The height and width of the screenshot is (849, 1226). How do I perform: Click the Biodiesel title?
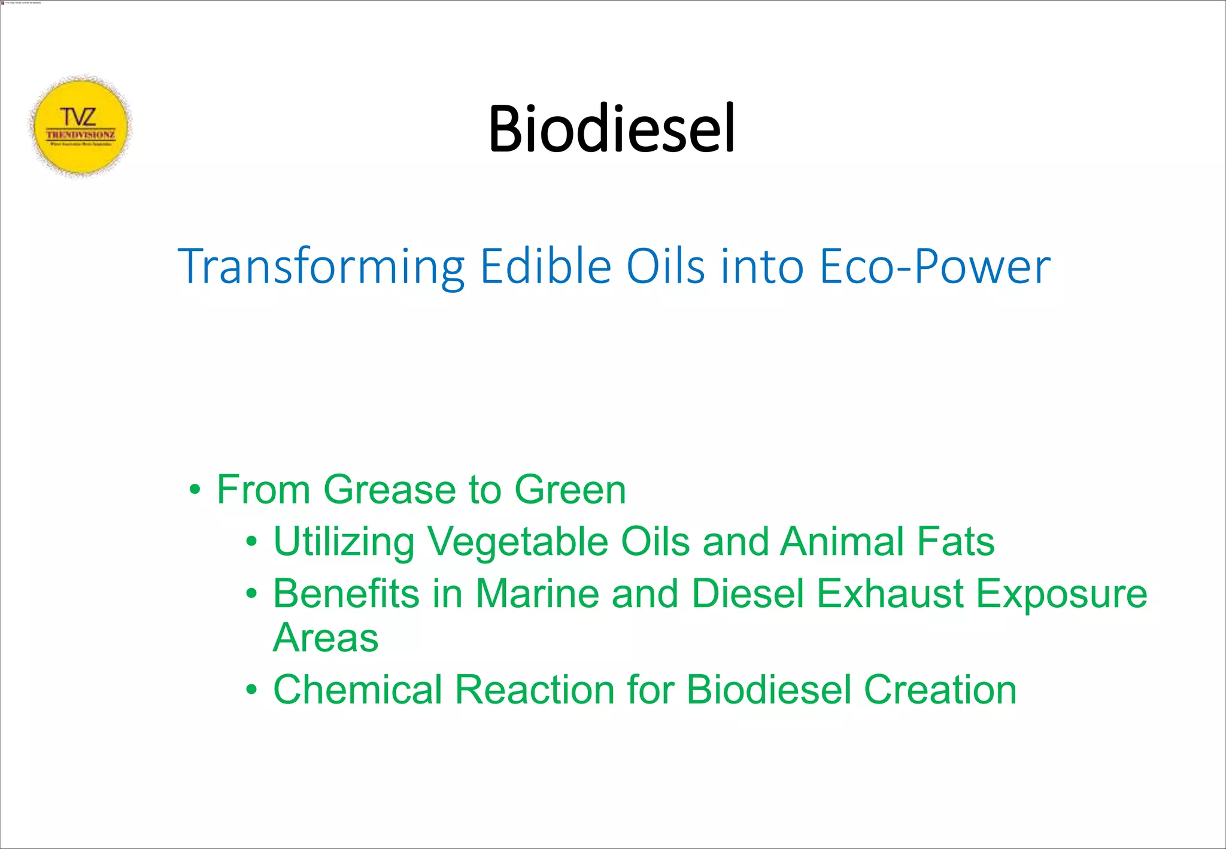[611, 128]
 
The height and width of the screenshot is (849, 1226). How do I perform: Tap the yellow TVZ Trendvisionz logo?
[80, 126]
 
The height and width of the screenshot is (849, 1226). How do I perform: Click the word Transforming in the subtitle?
[321, 266]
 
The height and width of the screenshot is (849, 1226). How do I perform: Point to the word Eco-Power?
[934, 266]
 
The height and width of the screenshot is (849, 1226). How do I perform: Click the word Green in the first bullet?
[570, 490]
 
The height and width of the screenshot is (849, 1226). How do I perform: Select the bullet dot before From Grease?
[194, 490]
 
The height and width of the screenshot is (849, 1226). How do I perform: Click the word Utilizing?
[344, 542]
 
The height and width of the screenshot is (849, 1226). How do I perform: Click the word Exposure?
[1061, 595]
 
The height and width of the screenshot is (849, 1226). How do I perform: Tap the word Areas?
[326, 638]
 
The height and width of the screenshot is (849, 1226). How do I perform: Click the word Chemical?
[357, 690]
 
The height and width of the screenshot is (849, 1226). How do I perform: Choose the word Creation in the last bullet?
[940, 690]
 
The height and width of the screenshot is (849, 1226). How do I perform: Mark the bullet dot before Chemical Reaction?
[251, 690]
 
